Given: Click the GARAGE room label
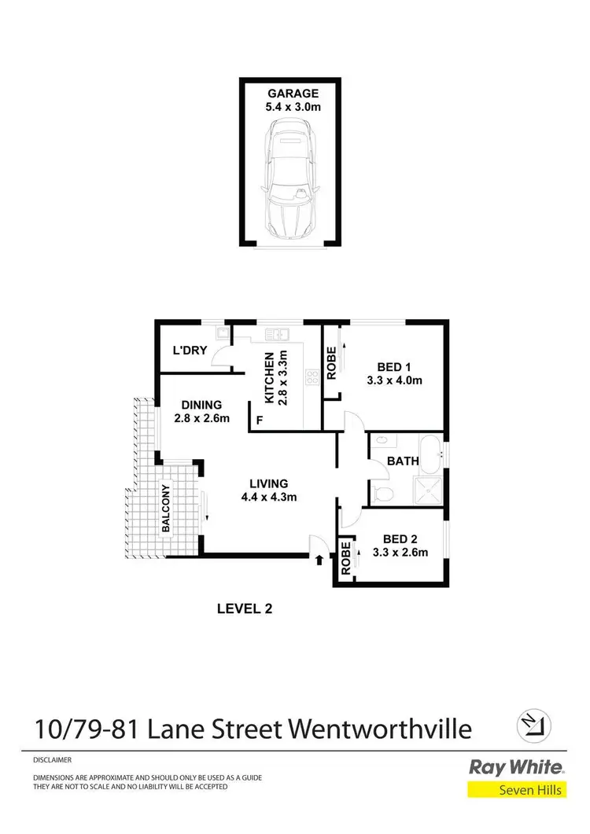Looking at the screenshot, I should click(x=291, y=93).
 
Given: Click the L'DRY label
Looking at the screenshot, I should click(x=190, y=351).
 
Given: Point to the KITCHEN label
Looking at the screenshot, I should click(x=269, y=378).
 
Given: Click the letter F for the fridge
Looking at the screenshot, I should click(x=259, y=422).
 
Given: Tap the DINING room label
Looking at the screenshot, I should click(x=201, y=406).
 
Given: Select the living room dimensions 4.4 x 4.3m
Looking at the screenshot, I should click(x=269, y=496).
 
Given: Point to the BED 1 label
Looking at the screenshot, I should click(x=394, y=367).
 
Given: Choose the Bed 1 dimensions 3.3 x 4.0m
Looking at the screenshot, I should click(x=394, y=380).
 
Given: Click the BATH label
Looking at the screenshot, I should click(x=402, y=461).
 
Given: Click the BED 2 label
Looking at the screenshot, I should click(x=400, y=539).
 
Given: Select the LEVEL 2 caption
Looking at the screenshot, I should click(x=244, y=608).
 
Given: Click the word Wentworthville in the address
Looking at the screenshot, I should click(x=382, y=729).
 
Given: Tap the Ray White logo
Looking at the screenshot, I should click(x=516, y=767).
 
